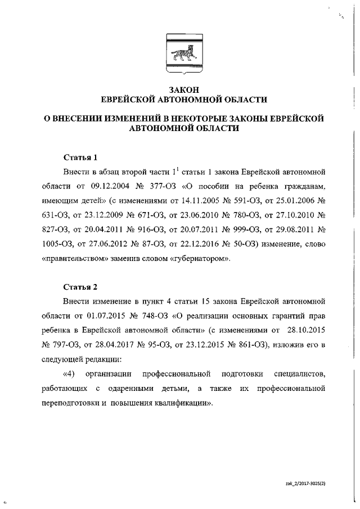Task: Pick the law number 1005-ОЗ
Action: coord(56,245)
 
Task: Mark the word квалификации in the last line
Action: coord(182,403)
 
